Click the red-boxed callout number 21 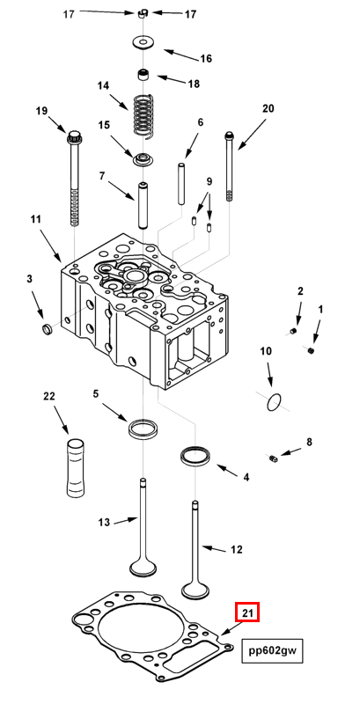pyautogui.click(x=246, y=612)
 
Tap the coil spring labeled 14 pyautogui.click(x=143, y=114)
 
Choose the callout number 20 pyautogui.click(x=268, y=108)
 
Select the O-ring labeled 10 pyautogui.click(x=275, y=404)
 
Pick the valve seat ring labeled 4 pyautogui.click(x=195, y=456)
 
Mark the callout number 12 pyautogui.click(x=235, y=549)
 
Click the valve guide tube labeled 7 pyautogui.click(x=141, y=203)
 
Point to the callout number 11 pyautogui.click(x=36, y=218)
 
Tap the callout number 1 pyautogui.click(x=320, y=310)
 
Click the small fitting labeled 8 pyautogui.click(x=274, y=458)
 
